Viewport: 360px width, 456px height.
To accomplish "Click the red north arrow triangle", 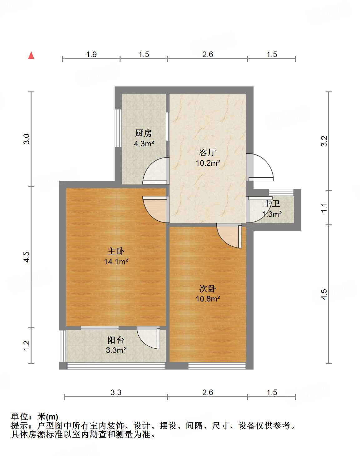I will pyautogui.click(x=31, y=56).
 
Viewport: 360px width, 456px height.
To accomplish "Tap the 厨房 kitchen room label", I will pyautogui.click(x=144, y=133).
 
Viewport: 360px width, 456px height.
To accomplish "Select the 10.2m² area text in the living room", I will pyautogui.click(x=208, y=163).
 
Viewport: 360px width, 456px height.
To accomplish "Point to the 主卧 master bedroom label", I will pyautogui.click(x=116, y=251).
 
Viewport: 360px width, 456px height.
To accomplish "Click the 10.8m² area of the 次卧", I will pyautogui.click(x=208, y=299).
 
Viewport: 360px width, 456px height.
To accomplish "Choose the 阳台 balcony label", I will pyautogui.click(x=116, y=340).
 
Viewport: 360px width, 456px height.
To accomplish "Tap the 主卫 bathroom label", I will pyautogui.click(x=271, y=204).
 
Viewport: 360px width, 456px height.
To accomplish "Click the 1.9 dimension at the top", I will pyautogui.click(x=91, y=55).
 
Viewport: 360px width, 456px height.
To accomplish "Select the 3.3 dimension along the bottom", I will pyautogui.click(x=116, y=392).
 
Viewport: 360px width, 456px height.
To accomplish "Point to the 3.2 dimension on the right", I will pyautogui.click(x=324, y=141).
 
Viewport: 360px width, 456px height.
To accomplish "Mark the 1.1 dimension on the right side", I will pyautogui.click(x=324, y=208).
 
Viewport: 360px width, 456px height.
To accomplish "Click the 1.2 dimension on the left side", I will pyautogui.click(x=27, y=346).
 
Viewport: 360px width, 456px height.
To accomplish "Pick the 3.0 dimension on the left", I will pyautogui.click(x=27, y=139).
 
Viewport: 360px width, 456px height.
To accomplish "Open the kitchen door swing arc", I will pyautogui.click(x=155, y=171).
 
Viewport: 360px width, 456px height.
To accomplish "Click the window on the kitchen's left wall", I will pyautogui.click(x=118, y=128).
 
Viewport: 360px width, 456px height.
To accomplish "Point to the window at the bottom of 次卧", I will pyautogui.click(x=217, y=365).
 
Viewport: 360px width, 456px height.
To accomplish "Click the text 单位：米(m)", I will pyautogui.click(x=35, y=417).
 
